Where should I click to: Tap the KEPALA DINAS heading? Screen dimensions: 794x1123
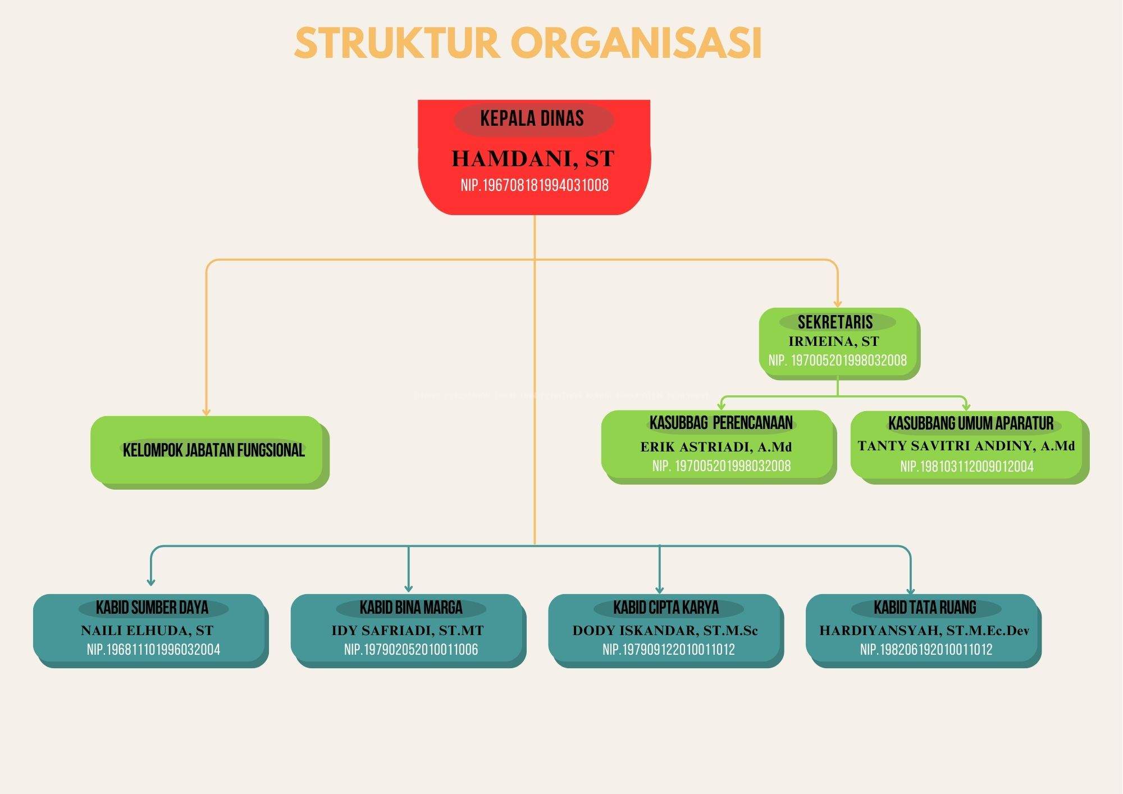(x=532, y=118)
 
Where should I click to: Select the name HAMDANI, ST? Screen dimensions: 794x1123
(x=533, y=159)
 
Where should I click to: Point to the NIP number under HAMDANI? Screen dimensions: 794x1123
(x=534, y=185)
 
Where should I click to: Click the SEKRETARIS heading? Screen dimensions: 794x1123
(x=835, y=322)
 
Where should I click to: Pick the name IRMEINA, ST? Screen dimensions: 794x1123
(x=833, y=341)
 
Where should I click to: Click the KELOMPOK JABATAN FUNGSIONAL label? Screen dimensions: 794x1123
(x=213, y=450)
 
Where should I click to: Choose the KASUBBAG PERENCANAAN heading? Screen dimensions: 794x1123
(x=721, y=423)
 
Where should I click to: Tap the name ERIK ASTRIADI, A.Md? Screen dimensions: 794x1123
(x=716, y=448)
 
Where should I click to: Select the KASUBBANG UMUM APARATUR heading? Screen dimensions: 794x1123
(x=970, y=423)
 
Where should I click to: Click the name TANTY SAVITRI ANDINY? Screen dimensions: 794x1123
(x=966, y=446)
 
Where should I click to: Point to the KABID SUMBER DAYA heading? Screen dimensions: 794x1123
(x=152, y=608)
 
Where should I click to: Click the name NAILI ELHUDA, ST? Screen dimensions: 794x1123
(x=147, y=631)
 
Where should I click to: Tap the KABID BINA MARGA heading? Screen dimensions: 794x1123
(x=410, y=608)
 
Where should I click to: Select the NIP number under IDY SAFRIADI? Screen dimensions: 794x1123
(x=411, y=650)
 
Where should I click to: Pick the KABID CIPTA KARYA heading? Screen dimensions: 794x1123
(x=666, y=608)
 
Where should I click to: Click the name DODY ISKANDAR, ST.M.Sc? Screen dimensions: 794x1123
(x=665, y=631)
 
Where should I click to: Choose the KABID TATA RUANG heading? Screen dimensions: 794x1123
(x=925, y=608)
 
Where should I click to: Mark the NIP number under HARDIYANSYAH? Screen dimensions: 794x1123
(x=926, y=650)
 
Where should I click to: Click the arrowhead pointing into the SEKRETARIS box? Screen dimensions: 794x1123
(x=838, y=303)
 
